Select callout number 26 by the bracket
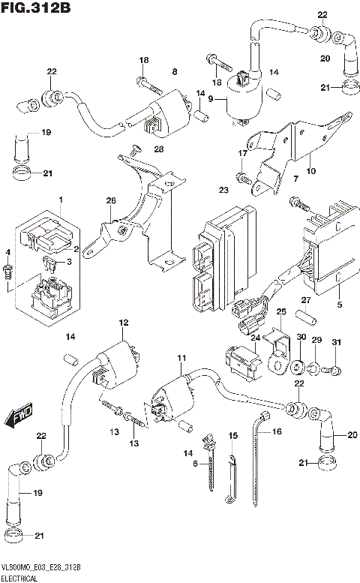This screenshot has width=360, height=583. pyautogui.click(x=111, y=201)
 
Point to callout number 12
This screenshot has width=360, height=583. pyautogui.click(x=123, y=322)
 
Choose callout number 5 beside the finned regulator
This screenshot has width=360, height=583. pyautogui.click(x=339, y=305)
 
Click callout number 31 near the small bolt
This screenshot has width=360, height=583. pyautogui.click(x=336, y=343)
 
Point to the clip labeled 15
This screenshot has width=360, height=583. pyautogui.click(x=230, y=480)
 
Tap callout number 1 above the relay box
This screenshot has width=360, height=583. pyautogui.click(x=61, y=201)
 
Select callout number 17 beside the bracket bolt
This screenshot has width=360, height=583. pyautogui.click(x=243, y=154)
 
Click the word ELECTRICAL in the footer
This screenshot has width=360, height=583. pyautogui.click(x=23, y=578)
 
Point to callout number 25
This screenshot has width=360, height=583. pyautogui.click(x=281, y=311)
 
